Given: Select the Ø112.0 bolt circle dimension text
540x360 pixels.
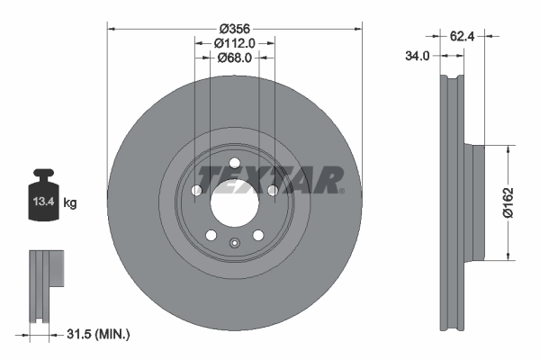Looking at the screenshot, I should tap(236, 42).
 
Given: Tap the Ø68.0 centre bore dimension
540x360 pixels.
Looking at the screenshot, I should tap(235, 58).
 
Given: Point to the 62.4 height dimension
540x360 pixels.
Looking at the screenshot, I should tap(462, 37).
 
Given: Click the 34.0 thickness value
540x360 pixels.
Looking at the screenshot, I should tap(418, 56).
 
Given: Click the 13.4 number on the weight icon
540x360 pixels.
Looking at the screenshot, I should tap(43, 203).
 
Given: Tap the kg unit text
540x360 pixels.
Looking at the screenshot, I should tap(70, 203).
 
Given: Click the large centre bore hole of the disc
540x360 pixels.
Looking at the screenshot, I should tap(234, 204).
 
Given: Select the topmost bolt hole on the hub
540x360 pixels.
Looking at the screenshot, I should tap(234, 164).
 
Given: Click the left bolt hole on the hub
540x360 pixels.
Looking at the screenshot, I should tap(196, 191).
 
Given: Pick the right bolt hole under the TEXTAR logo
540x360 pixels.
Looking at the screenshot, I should tap(272, 191).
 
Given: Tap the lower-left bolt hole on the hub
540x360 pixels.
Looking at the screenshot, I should tap(211, 235).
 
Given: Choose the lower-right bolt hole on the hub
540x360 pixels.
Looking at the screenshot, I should tap(258, 235).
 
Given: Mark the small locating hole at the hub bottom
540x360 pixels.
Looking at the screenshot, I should tap(234, 241).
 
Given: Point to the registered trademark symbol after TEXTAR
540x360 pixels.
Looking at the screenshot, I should tap(342, 191).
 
